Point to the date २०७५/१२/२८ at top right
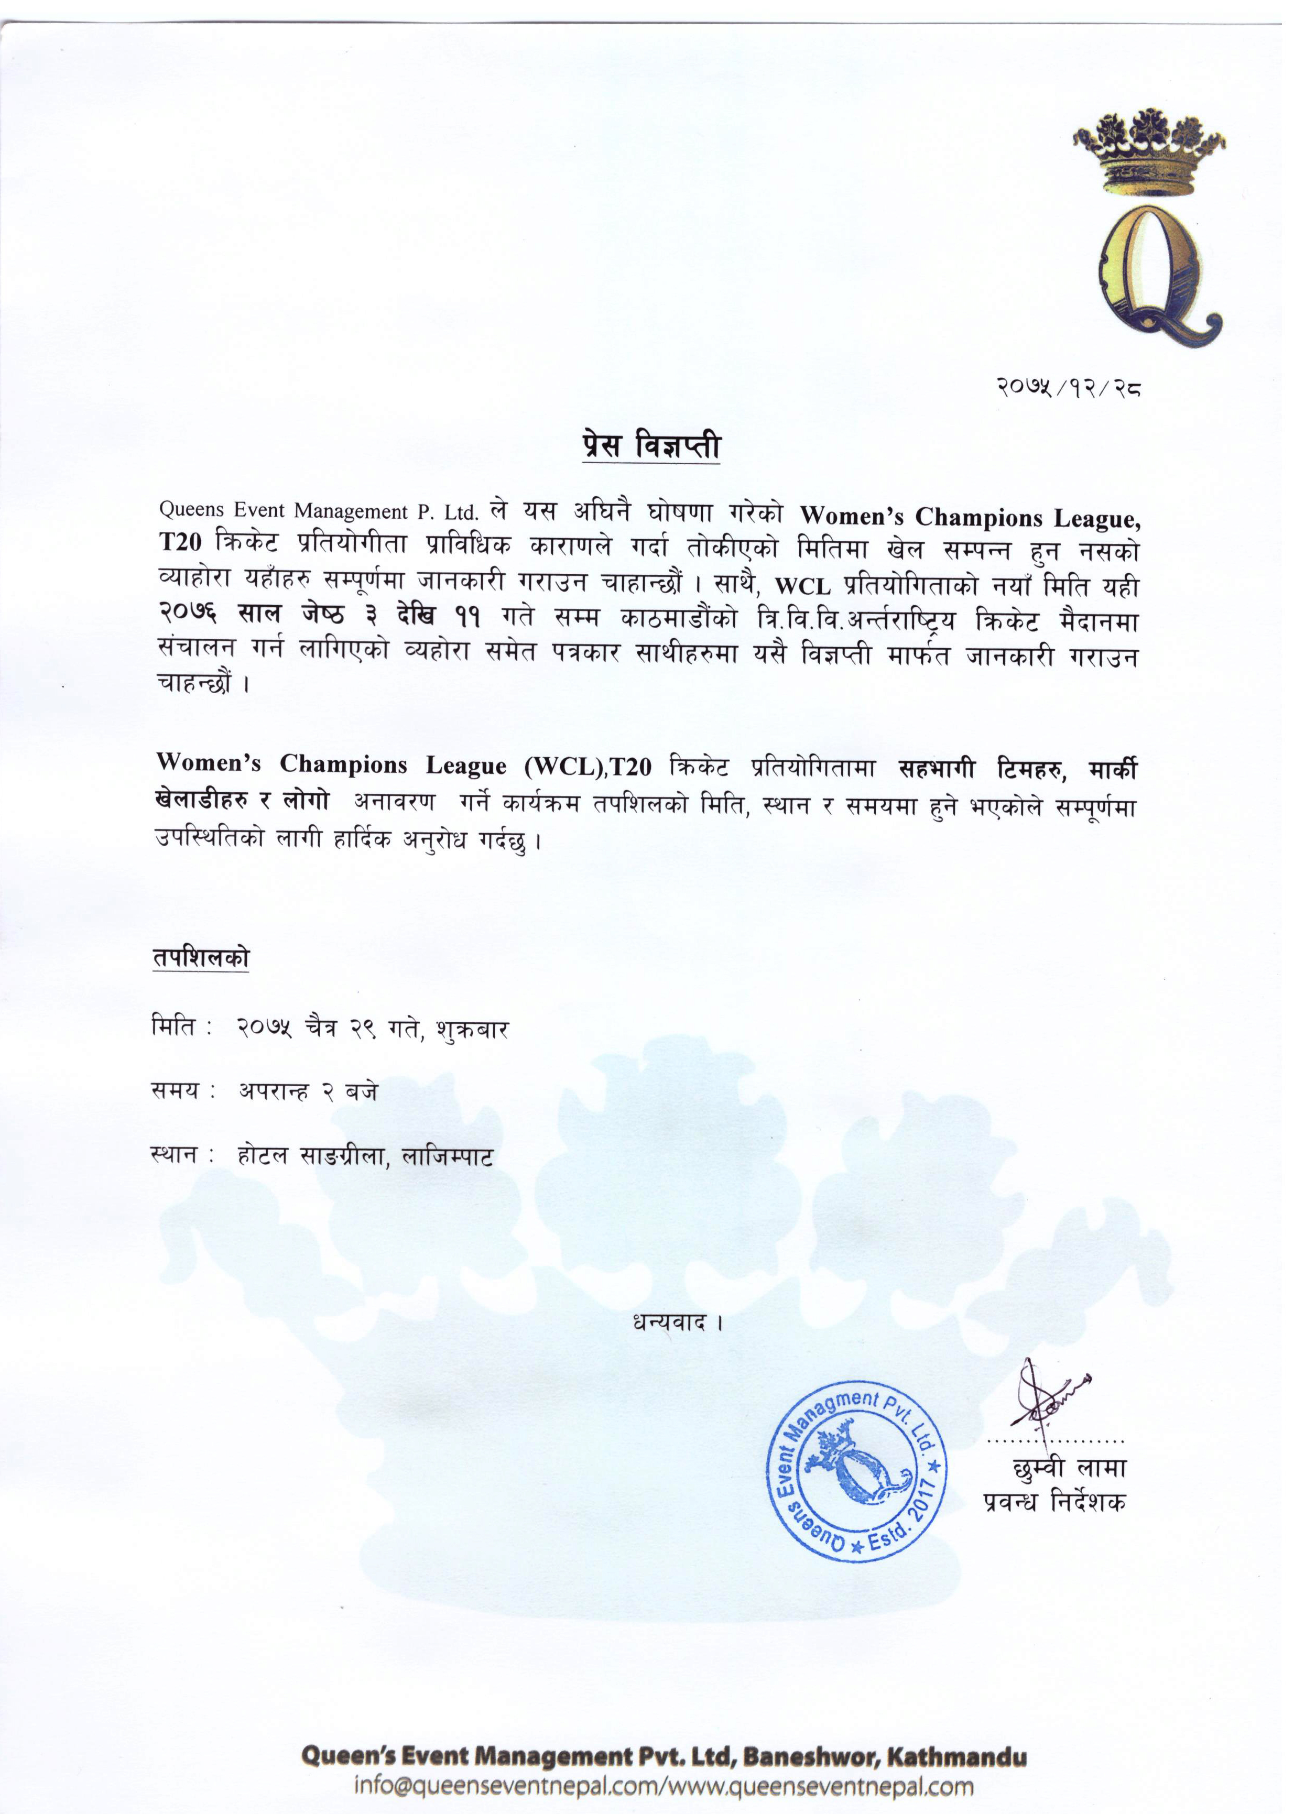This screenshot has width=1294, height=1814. [x=1068, y=389]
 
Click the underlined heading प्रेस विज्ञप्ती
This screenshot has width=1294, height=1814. [x=650, y=446]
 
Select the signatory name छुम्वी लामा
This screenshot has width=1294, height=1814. [x=1069, y=1467]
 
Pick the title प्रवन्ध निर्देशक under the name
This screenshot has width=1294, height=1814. [x=1053, y=1503]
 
